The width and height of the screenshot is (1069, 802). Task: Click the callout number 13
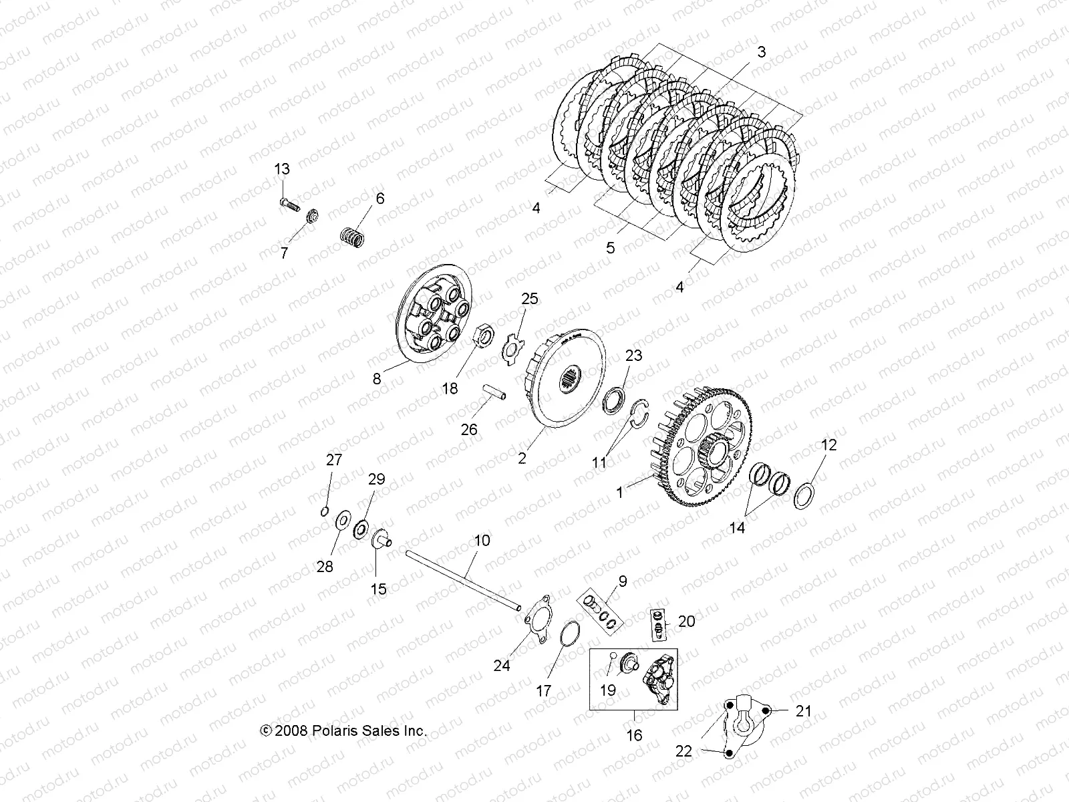282,170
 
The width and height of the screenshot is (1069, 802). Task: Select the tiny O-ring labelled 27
324,512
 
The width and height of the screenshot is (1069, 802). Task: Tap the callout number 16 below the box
634,735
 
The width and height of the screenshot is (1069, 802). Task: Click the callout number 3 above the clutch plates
761,52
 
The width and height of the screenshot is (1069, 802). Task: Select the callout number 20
686,621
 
